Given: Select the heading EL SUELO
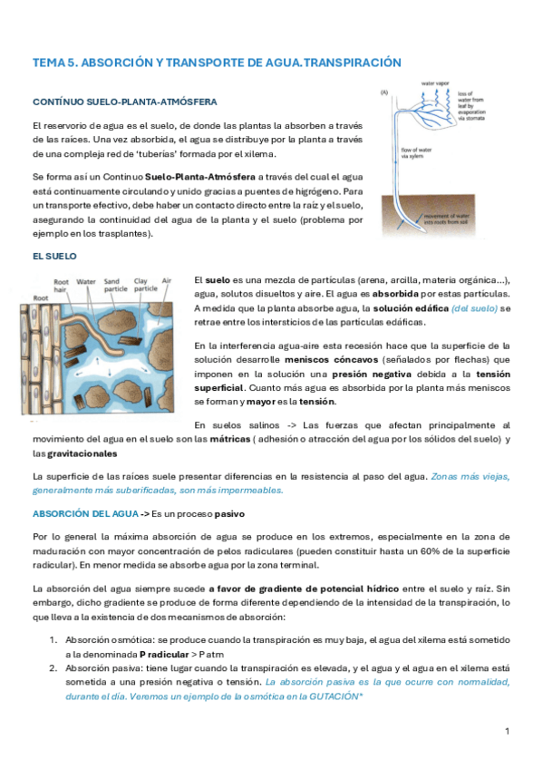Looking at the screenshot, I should click(x=55, y=258).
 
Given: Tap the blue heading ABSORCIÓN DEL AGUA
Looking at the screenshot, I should click(x=85, y=513).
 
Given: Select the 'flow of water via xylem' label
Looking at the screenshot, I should click(x=416, y=152).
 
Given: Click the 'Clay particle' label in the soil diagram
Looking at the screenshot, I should click(x=145, y=286).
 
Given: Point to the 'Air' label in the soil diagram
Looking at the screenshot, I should click(x=167, y=282).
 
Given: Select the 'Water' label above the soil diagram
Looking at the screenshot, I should click(x=88, y=282).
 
